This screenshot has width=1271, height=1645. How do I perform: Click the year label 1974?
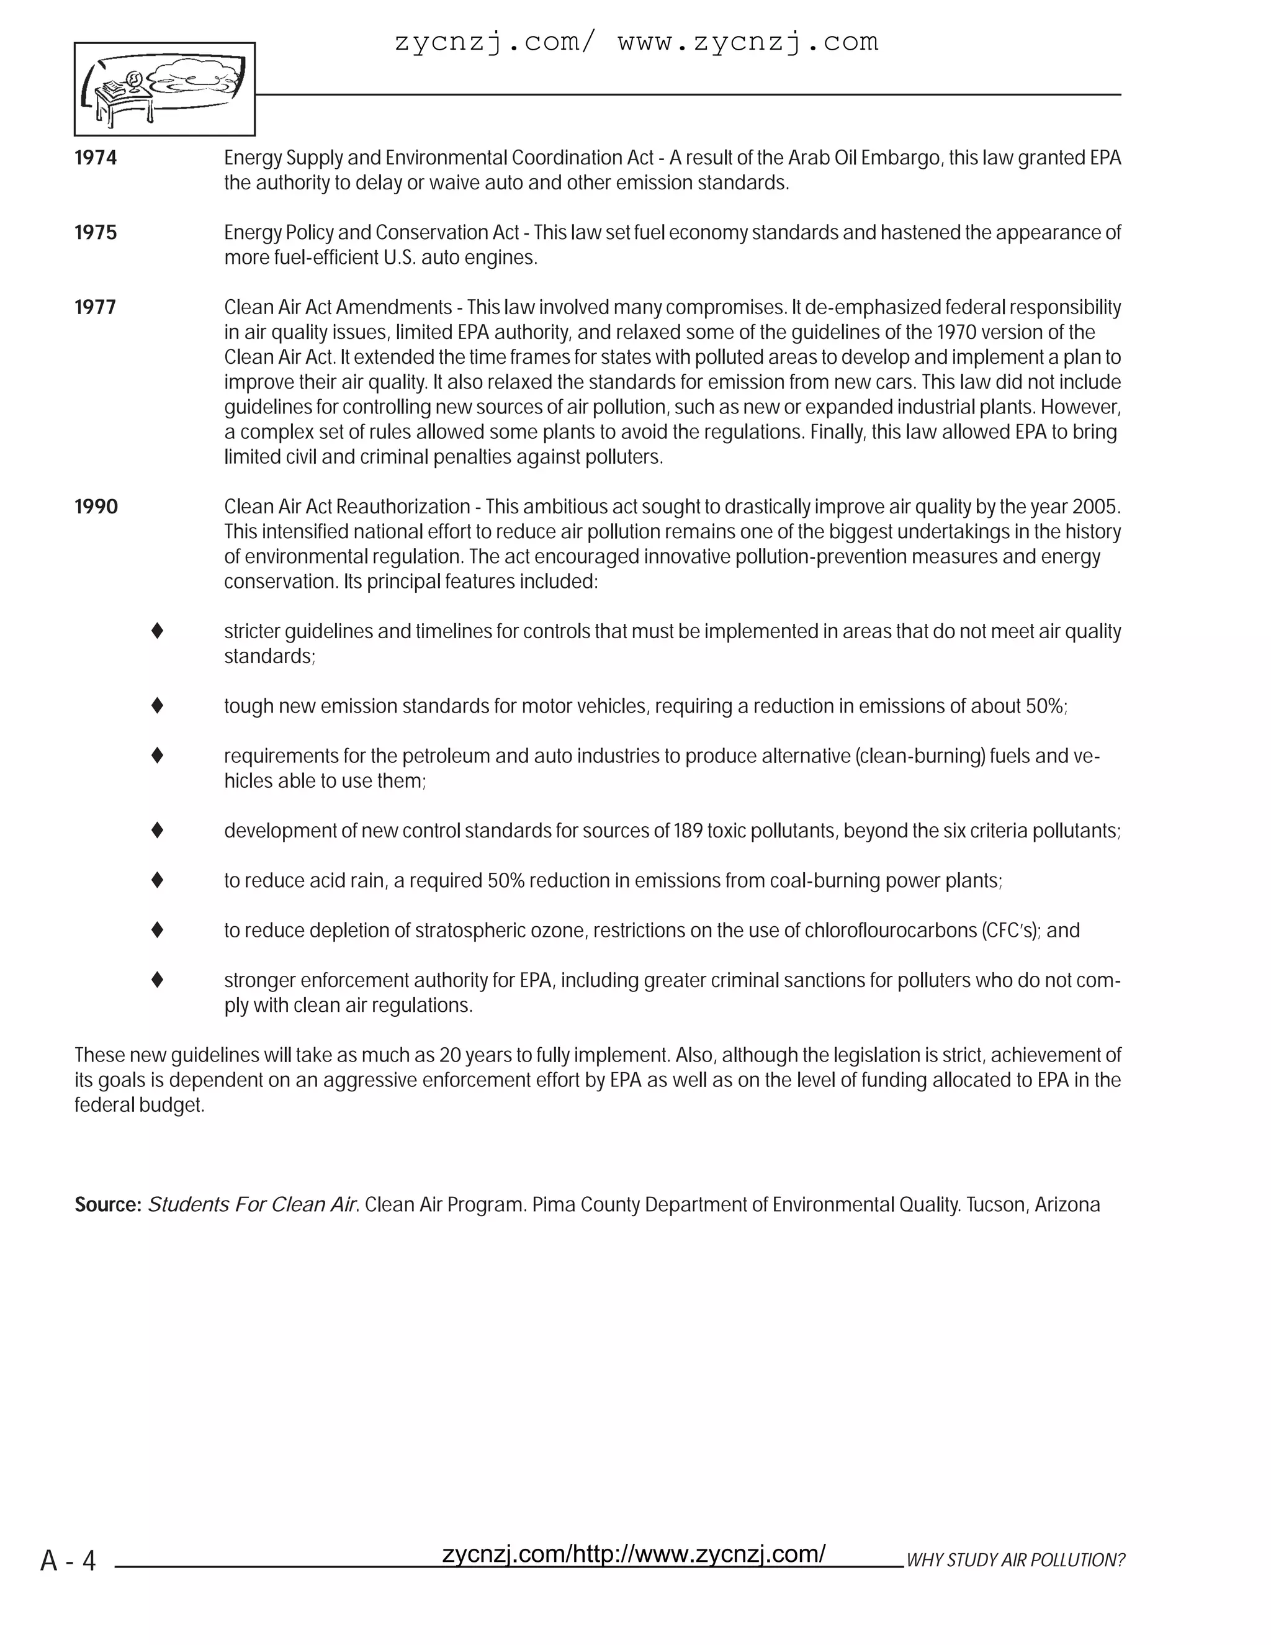pyautogui.click(x=96, y=158)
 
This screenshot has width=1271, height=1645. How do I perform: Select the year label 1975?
pyautogui.click(x=96, y=233)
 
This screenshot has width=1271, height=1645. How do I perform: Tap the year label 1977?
pyautogui.click(x=96, y=307)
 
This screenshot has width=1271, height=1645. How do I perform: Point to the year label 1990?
pyautogui.click(x=96, y=507)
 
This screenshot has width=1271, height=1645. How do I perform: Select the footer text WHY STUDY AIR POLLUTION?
pyautogui.click(x=1014, y=1561)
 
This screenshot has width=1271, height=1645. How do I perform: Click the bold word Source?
pyautogui.click(x=107, y=1205)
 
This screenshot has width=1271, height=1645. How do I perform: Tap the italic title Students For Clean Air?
pyautogui.click(x=251, y=1205)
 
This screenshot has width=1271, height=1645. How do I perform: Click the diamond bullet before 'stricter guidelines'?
pyautogui.click(x=158, y=631)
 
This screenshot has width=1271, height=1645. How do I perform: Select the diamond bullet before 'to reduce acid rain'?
pyautogui.click(x=158, y=880)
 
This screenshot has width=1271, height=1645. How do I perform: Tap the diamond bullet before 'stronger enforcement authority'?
pyautogui.click(x=158, y=980)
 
